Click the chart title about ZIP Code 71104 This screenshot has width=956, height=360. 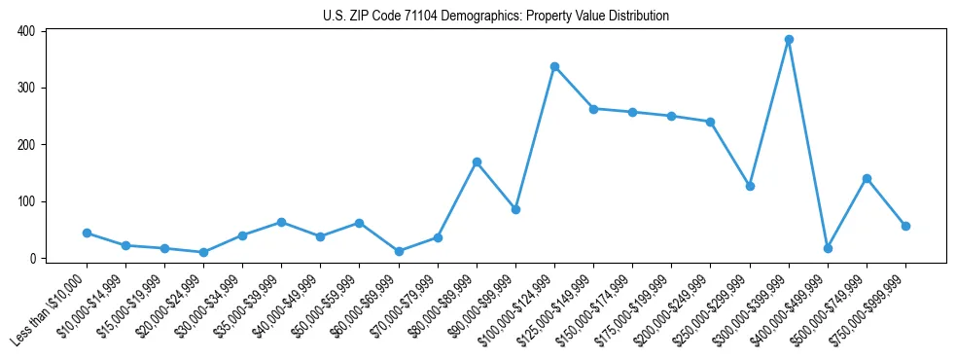[x=495, y=16]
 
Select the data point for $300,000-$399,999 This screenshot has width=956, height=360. [x=789, y=40]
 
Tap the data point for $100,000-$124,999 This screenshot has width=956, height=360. [x=554, y=66]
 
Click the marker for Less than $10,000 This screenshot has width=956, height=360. [x=87, y=234]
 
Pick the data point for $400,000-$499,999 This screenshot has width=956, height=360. [x=828, y=248]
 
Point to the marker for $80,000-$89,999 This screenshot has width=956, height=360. [x=477, y=162]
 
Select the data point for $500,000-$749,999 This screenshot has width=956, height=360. [x=867, y=178]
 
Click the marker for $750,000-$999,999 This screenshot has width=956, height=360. [x=905, y=226]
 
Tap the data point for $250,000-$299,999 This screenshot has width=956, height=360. [x=750, y=186]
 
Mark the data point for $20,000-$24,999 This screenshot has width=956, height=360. [x=203, y=252]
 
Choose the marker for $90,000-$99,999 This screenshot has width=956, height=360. [x=515, y=209]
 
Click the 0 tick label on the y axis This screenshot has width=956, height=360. [x=32, y=259]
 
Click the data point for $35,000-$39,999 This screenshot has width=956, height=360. [x=281, y=222]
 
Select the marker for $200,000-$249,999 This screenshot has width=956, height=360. [x=710, y=122]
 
